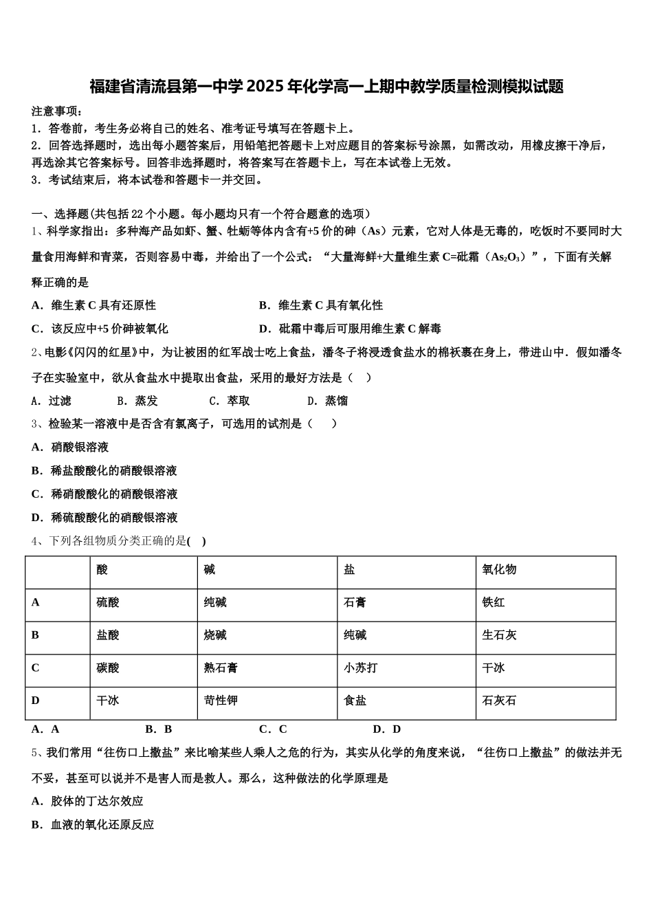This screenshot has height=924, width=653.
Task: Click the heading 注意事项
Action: (58, 111)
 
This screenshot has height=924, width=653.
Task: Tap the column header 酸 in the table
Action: (102, 569)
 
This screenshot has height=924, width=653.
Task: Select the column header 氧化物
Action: (499, 569)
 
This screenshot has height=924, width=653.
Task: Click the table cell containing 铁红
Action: (494, 602)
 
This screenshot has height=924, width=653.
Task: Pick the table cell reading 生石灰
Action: (499, 635)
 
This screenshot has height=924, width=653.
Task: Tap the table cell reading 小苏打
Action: (361, 668)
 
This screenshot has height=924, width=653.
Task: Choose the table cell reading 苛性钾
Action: (221, 701)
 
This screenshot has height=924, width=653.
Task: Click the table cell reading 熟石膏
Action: (221, 668)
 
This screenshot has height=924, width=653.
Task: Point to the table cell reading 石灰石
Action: (499, 701)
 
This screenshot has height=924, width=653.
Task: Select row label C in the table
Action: (36, 668)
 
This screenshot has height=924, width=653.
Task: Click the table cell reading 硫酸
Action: (108, 602)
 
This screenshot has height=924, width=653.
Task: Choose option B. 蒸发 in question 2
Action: (137, 401)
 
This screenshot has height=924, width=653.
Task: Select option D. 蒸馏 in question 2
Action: (327, 401)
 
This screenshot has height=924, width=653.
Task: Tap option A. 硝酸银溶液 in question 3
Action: (70, 447)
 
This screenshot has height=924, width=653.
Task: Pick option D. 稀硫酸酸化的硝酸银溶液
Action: (104, 517)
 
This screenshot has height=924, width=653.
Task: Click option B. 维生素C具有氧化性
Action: (321, 305)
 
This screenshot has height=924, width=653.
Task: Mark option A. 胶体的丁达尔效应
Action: (87, 801)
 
